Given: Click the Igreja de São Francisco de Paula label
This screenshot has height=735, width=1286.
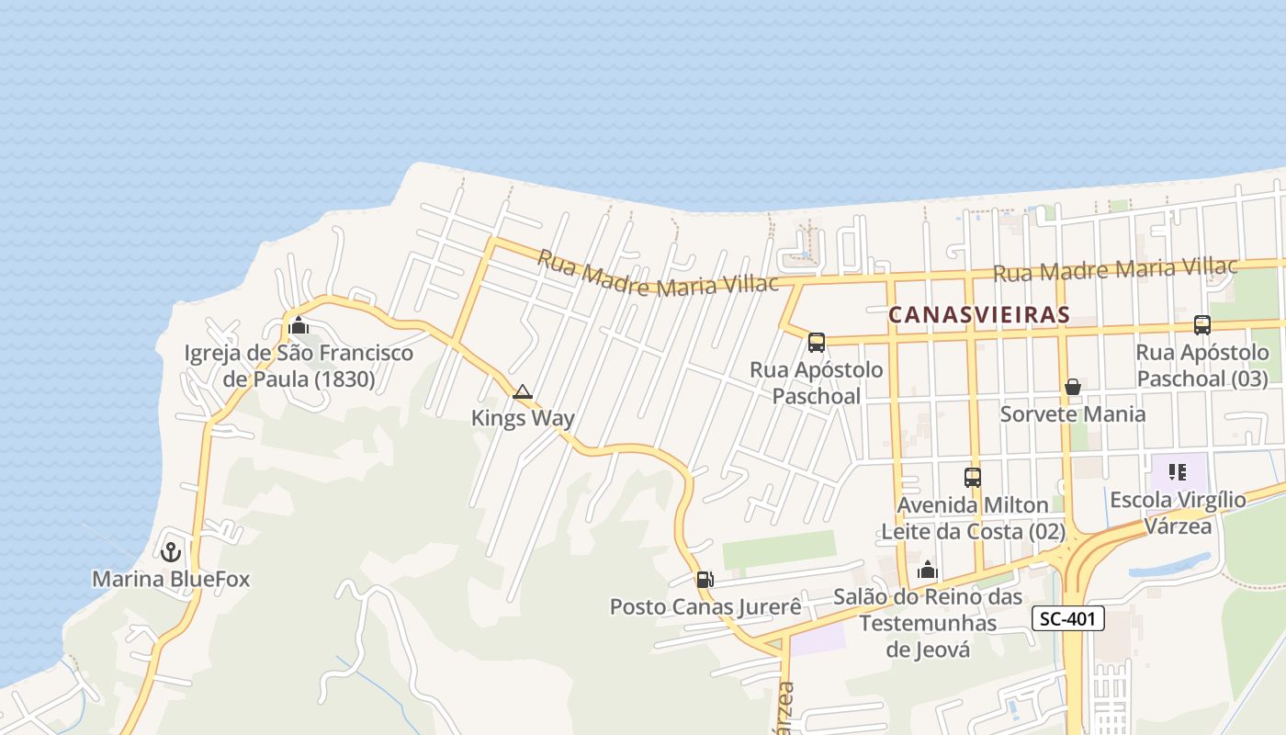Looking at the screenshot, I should click(299, 366).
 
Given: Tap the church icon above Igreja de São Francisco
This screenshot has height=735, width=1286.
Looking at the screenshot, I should click(299, 326).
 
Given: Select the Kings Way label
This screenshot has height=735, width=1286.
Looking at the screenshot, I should click(523, 418).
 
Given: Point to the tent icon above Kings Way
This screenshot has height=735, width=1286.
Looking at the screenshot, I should click(523, 392).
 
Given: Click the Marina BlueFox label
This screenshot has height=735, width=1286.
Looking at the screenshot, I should click(171, 579).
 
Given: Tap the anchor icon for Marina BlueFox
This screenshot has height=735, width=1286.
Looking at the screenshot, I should click(170, 552).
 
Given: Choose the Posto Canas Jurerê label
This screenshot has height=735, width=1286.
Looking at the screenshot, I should click(705, 607).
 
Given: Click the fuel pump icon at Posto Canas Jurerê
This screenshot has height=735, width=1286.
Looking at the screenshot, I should click(705, 580).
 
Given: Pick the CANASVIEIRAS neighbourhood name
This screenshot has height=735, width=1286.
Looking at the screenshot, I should click(979, 315).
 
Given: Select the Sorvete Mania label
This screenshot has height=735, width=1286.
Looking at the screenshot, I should click(1072, 413).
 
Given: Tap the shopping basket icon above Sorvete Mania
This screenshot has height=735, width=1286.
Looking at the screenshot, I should click(1072, 387).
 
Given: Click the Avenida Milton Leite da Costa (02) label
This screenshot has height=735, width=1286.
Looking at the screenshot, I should click(973, 518).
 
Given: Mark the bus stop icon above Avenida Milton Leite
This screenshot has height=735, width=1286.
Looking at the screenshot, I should click(973, 478).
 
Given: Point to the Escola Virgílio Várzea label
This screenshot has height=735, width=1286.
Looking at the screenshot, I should click(1178, 513).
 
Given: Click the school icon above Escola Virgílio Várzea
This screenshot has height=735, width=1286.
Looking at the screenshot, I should click(1178, 473).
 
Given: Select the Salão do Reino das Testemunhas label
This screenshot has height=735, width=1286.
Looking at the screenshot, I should click(928, 623).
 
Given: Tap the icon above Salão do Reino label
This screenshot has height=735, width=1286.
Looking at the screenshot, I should click(928, 571).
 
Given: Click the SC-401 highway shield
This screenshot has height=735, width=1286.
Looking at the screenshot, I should click(1066, 618).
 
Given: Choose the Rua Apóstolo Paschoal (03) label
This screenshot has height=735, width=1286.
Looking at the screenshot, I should click(1201, 365).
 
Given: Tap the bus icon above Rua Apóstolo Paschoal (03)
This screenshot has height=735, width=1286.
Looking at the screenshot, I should click(1201, 324).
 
